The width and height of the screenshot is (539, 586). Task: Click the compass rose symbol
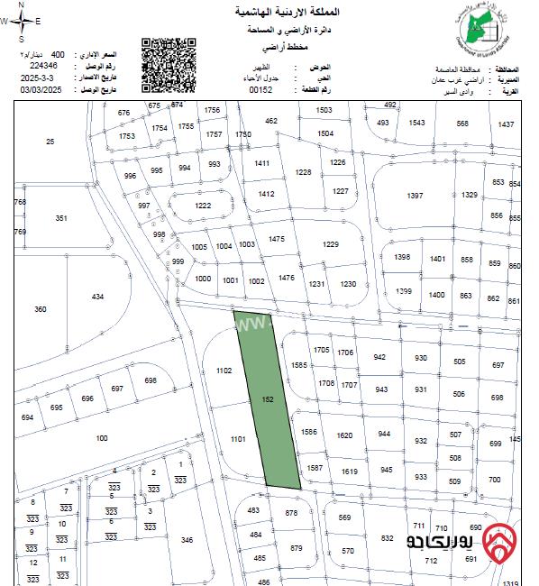25,25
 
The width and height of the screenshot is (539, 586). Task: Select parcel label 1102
225,371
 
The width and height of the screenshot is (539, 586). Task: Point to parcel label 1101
239,439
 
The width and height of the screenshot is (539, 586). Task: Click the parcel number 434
98,297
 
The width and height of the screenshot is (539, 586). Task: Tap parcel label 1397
415,196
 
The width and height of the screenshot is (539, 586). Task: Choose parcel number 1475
277,238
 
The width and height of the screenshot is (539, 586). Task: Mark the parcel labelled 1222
203,206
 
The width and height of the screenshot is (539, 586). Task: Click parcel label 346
187,540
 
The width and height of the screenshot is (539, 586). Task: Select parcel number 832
388,538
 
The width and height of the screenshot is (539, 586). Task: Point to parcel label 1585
299,365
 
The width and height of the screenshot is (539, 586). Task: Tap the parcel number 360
41,309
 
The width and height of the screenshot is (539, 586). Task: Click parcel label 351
61,219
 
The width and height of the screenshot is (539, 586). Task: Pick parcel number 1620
344,435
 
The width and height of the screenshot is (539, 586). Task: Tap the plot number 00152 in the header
261,90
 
